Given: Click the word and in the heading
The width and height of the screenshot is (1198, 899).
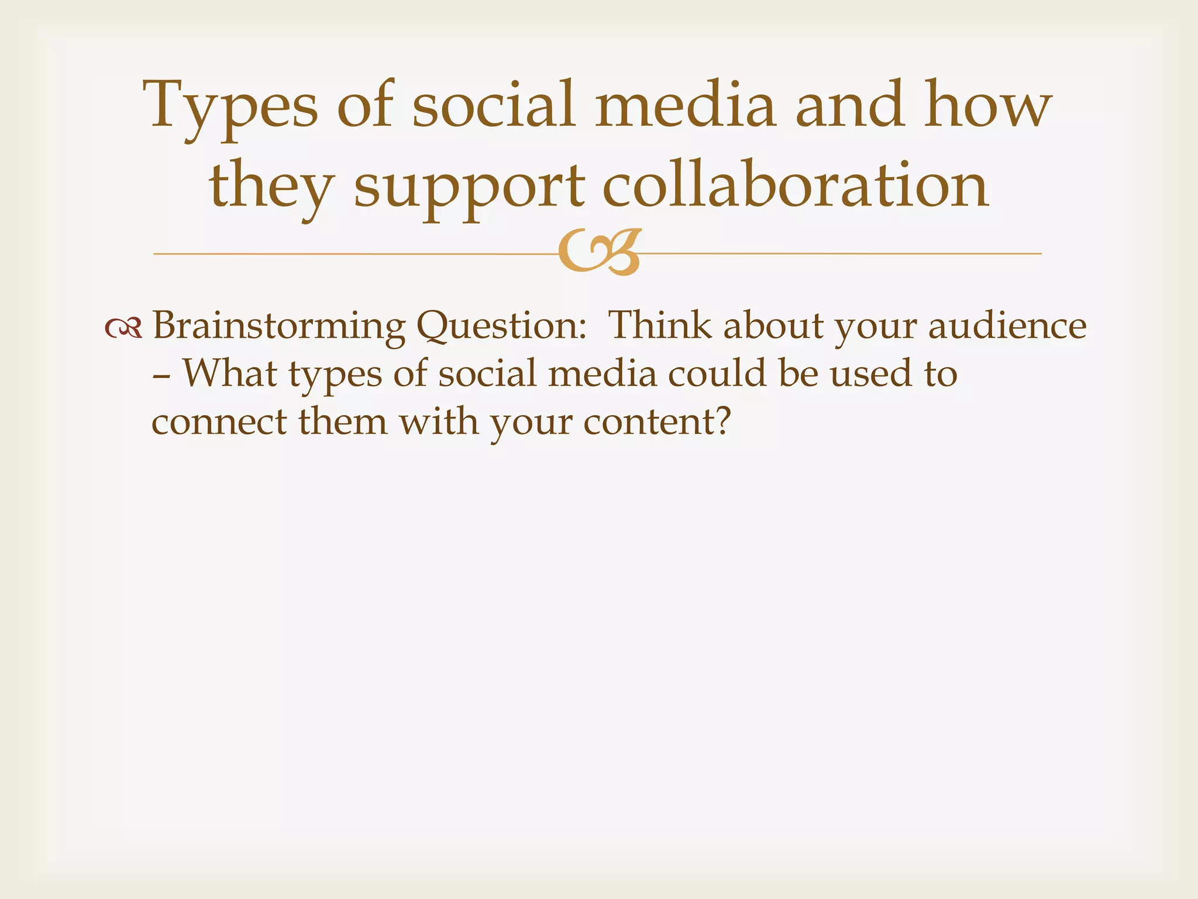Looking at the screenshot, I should pyautogui.click(x=849, y=105).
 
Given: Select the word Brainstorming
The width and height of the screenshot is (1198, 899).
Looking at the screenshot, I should pyautogui.click(x=278, y=327).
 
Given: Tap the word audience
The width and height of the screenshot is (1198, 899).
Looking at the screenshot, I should pyautogui.click(x=1007, y=325).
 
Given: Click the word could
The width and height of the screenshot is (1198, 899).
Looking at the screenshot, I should pyautogui.click(x=717, y=373).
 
